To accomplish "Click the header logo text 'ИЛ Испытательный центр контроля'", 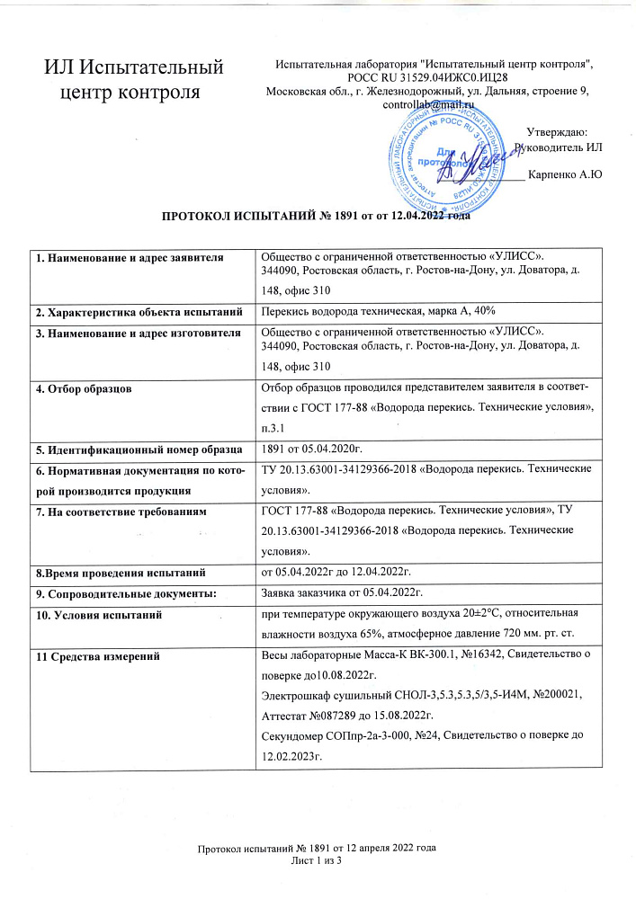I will point(135,77).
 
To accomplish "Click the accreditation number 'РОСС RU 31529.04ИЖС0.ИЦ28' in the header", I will point(434,77).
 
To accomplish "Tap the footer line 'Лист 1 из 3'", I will point(318,860).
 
